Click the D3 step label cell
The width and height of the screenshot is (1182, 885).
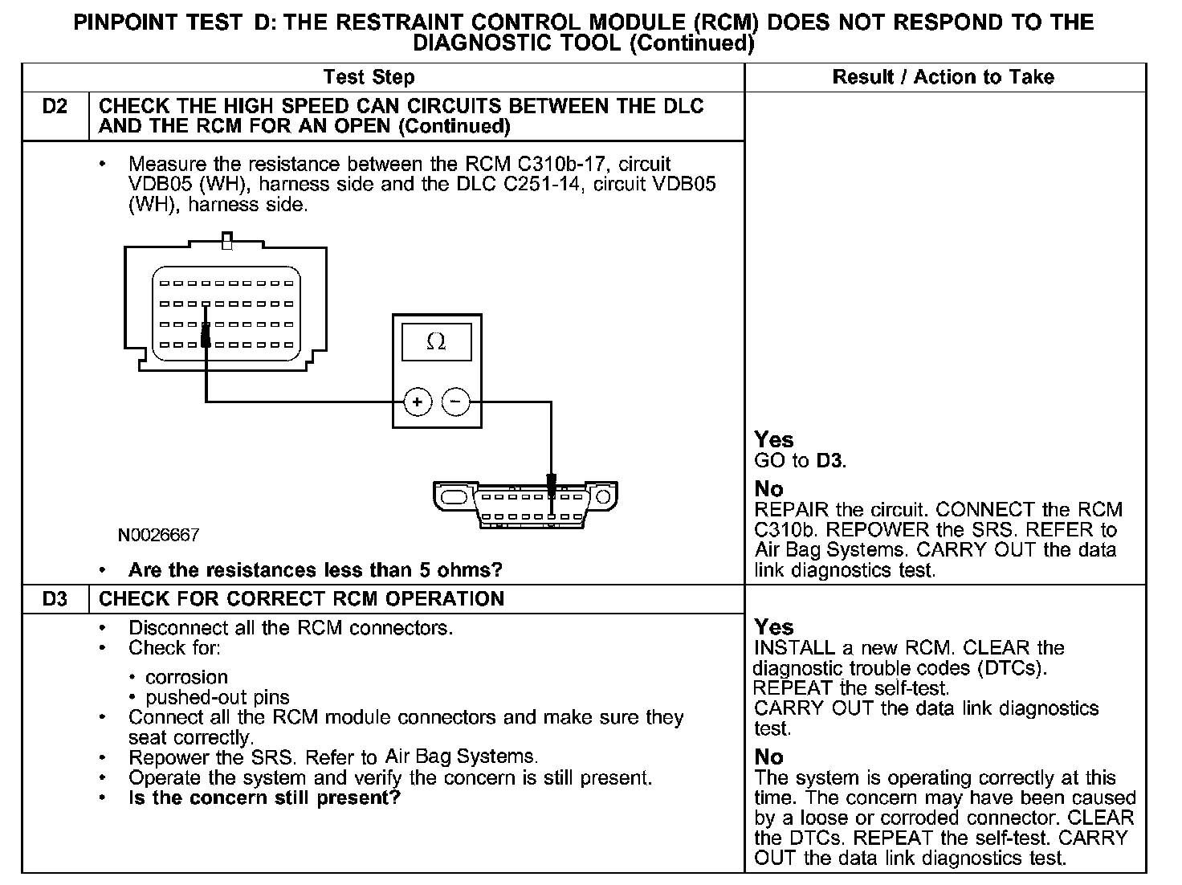pyautogui.click(x=54, y=599)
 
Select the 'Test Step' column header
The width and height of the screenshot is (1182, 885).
pyautogui.click(x=369, y=77)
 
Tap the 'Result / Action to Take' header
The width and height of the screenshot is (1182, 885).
pyautogui.click(x=943, y=77)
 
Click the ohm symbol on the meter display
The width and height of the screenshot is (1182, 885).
pyautogui.click(x=436, y=342)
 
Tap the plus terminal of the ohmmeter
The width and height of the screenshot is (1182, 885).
pyautogui.click(x=418, y=402)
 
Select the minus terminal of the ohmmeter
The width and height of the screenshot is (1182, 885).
pyautogui.click(x=456, y=402)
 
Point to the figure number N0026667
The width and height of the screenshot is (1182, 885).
pyautogui.click(x=158, y=535)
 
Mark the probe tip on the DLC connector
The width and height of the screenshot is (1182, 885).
pyautogui.click(x=551, y=484)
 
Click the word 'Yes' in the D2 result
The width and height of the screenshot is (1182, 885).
pyautogui.click(x=774, y=440)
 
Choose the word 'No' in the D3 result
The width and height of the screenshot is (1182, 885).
pyautogui.click(x=769, y=757)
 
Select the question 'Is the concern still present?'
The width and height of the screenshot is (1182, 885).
pyautogui.click(x=264, y=798)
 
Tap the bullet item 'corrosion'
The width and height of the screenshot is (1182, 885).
pyautogui.click(x=186, y=677)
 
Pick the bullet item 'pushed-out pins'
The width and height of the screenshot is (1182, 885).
pyautogui.click(x=217, y=697)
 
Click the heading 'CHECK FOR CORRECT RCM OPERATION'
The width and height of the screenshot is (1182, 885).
pyautogui.click(x=301, y=599)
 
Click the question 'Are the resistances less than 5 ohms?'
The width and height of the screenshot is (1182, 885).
pyautogui.click(x=315, y=570)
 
